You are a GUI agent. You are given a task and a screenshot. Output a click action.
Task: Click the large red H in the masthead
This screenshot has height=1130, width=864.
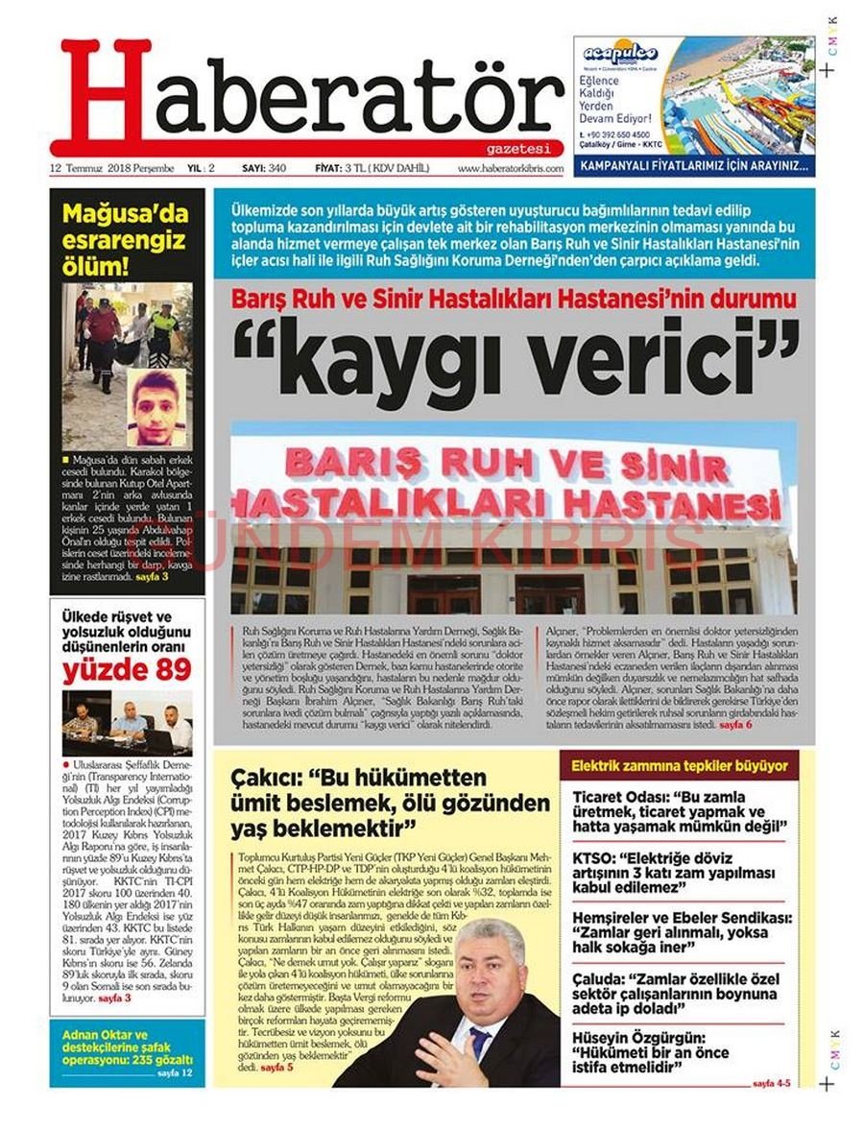[x=106, y=94]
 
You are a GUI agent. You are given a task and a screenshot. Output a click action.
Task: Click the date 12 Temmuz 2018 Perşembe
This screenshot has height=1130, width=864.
[x=112, y=169]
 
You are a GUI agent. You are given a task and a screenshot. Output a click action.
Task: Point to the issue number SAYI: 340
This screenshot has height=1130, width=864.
[x=264, y=169]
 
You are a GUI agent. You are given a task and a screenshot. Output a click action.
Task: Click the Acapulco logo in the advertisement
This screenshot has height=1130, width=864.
[x=620, y=54]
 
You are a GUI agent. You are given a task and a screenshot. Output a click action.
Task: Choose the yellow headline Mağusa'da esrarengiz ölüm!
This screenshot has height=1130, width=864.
[x=126, y=239]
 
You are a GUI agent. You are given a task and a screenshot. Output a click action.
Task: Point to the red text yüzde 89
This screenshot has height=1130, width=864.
[x=127, y=671]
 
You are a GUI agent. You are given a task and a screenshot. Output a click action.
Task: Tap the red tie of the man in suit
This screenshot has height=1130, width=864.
[x=477, y=1041]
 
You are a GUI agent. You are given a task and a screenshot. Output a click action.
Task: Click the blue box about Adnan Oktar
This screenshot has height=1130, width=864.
[x=127, y=1051]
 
